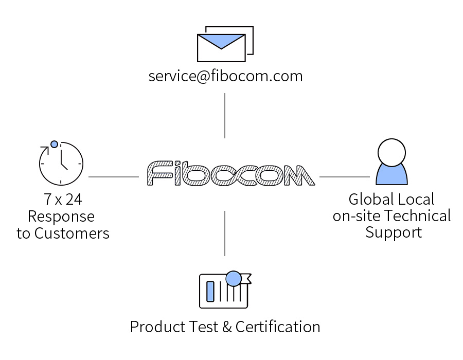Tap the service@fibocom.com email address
click(x=225, y=77)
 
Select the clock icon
click(x=61, y=163)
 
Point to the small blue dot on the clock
click(x=54, y=144)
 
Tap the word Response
click(x=61, y=217)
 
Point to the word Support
click(x=394, y=232)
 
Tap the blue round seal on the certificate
click(x=234, y=279)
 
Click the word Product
click(x=154, y=327)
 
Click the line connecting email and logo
click(x=225, y=116)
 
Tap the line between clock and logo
click(x=113, y=177)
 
